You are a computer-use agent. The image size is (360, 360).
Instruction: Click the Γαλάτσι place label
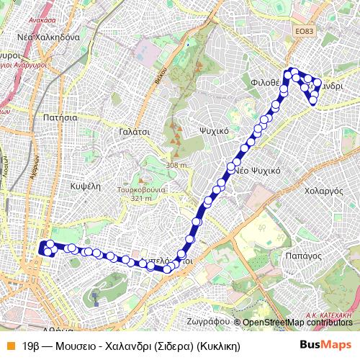pos(134,132)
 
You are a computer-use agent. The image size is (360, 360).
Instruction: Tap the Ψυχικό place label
pos(213,131)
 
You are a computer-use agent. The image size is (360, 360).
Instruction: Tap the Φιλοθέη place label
pos(265,82)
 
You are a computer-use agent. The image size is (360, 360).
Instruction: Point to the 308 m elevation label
pos(176,166)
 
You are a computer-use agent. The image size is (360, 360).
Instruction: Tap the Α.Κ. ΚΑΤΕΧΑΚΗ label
pos(331,315)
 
